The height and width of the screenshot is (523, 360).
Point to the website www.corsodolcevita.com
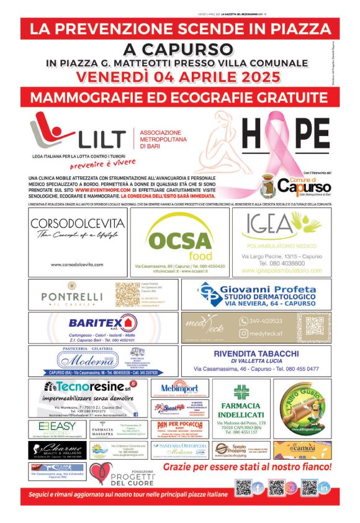click(x=77, y=265)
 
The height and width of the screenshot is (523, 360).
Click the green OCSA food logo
click(x=180, y=242)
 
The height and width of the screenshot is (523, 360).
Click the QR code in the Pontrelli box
click(x=127, y=293)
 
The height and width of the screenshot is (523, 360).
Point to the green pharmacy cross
click(x=241, y=392)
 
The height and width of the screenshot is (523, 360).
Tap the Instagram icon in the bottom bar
click(x=291, y=488)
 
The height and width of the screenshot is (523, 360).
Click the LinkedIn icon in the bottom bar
click(x=324, y=488)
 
